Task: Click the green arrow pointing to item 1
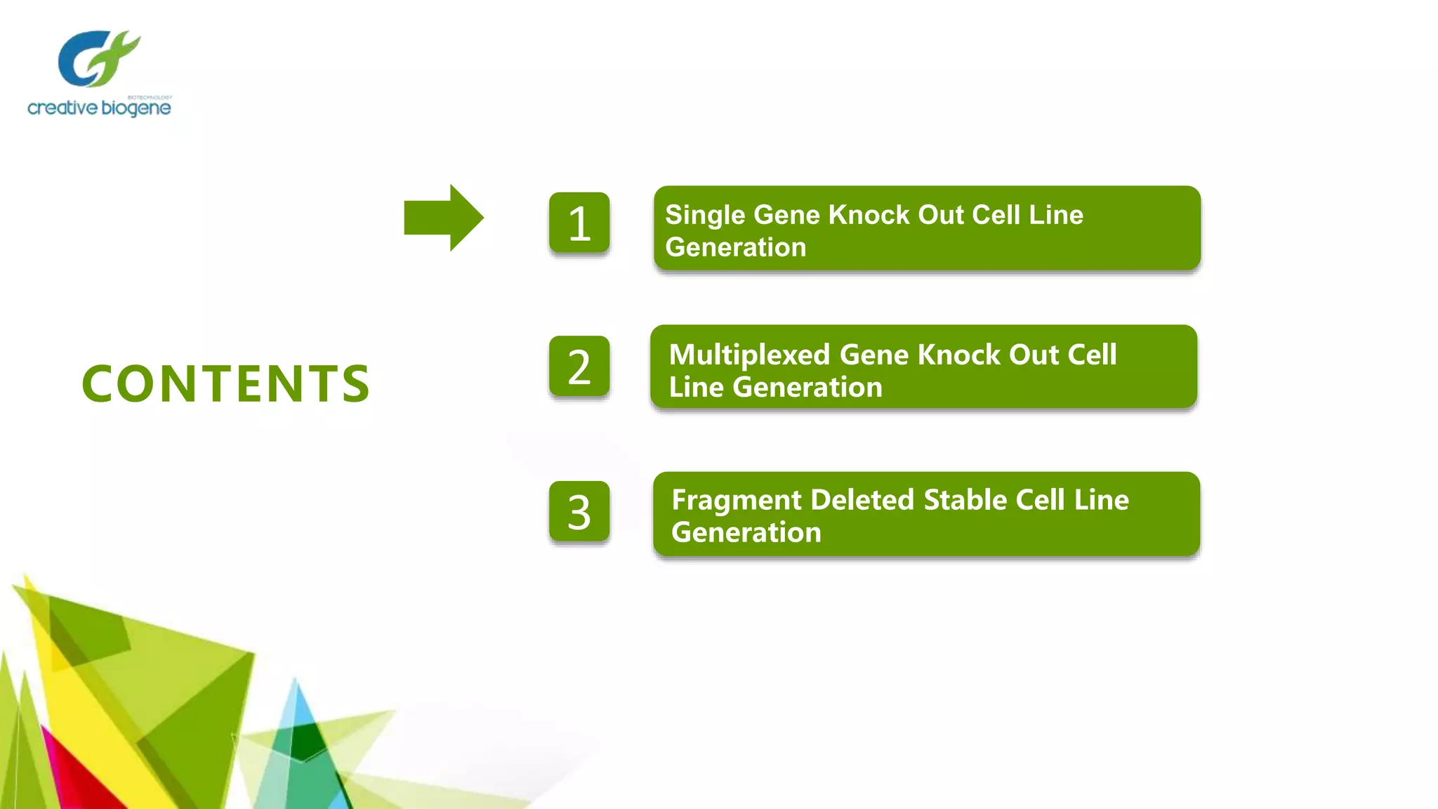(x=442, y=218)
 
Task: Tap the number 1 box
(x=579, y=223)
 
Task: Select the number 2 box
(x=579, y=367)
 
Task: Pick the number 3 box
(x=579, y=512)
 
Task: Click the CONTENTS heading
(x=225, y=384)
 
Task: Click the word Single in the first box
(x=705, y=216)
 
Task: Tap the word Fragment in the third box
(x=736, y=501)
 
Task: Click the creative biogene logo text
(x=99, y=108)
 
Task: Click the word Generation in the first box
(x=735, y=248)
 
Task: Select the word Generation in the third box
(x=746, y=533)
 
